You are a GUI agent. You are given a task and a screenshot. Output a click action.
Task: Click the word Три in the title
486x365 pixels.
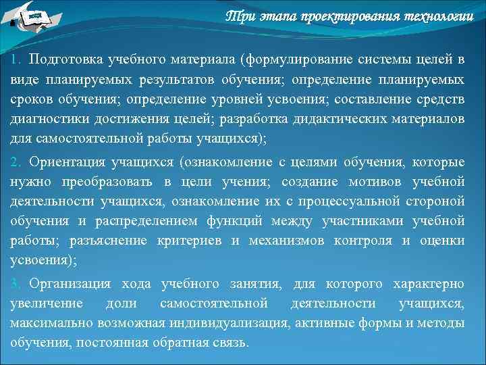tap(238, 16)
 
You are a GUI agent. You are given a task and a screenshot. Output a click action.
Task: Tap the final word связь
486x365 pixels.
tap(228, 343)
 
